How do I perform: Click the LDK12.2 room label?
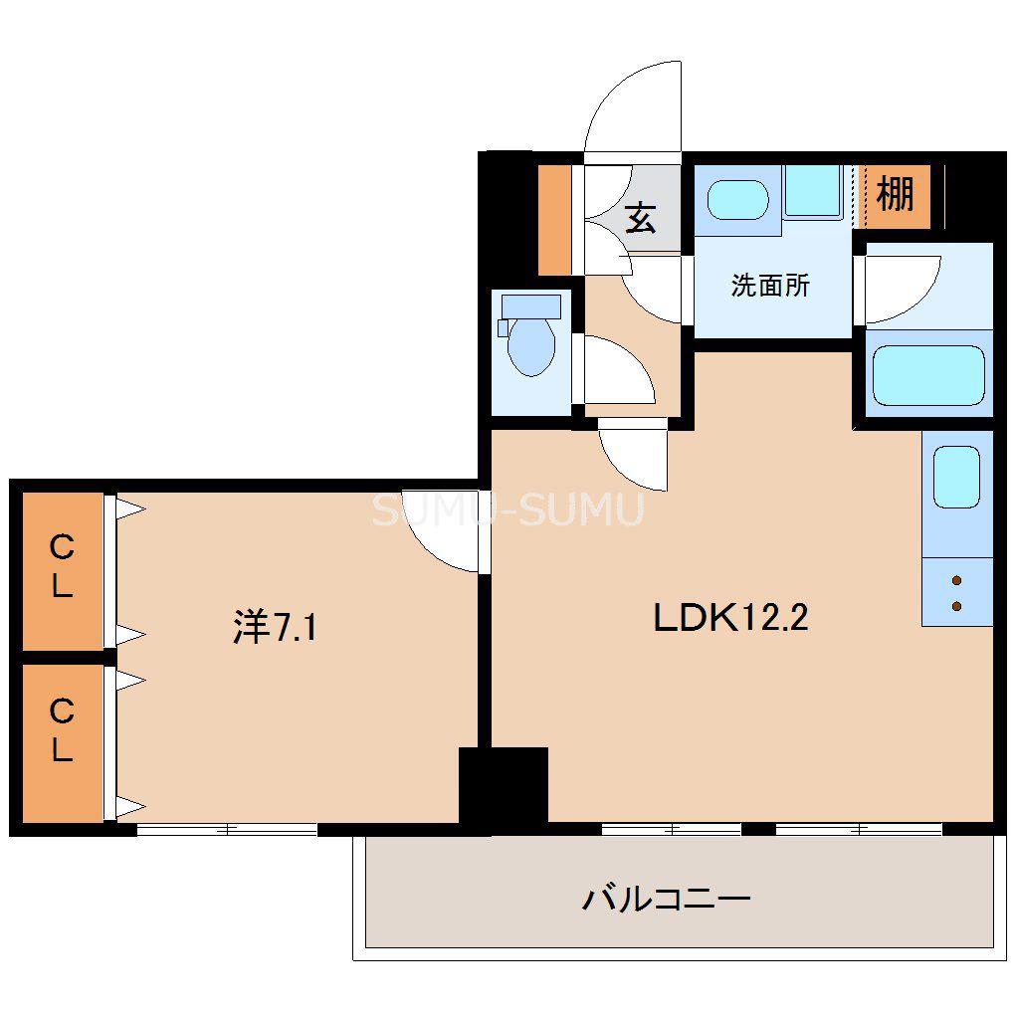[x=730, y=618]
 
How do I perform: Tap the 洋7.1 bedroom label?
[x=275, y=627]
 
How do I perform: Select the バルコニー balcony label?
[x=667, y=900]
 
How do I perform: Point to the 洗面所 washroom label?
[x=770, y=285]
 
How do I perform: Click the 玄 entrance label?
[x=641, y=218]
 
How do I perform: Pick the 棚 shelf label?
[x=896, y=193]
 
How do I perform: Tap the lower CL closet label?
[x=62, y=730]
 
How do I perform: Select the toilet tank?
[x=531, y=306]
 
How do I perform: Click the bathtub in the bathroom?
[x=928, y=375]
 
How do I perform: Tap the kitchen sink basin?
[x=956, y=477]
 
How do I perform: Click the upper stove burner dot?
[x=956, y=580]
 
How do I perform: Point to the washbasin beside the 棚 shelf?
[x=738, y=200]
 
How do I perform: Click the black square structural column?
[x=504, y=785]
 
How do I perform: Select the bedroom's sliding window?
[x=227, y=829]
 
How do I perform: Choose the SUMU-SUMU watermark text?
[x=508, y=509]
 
